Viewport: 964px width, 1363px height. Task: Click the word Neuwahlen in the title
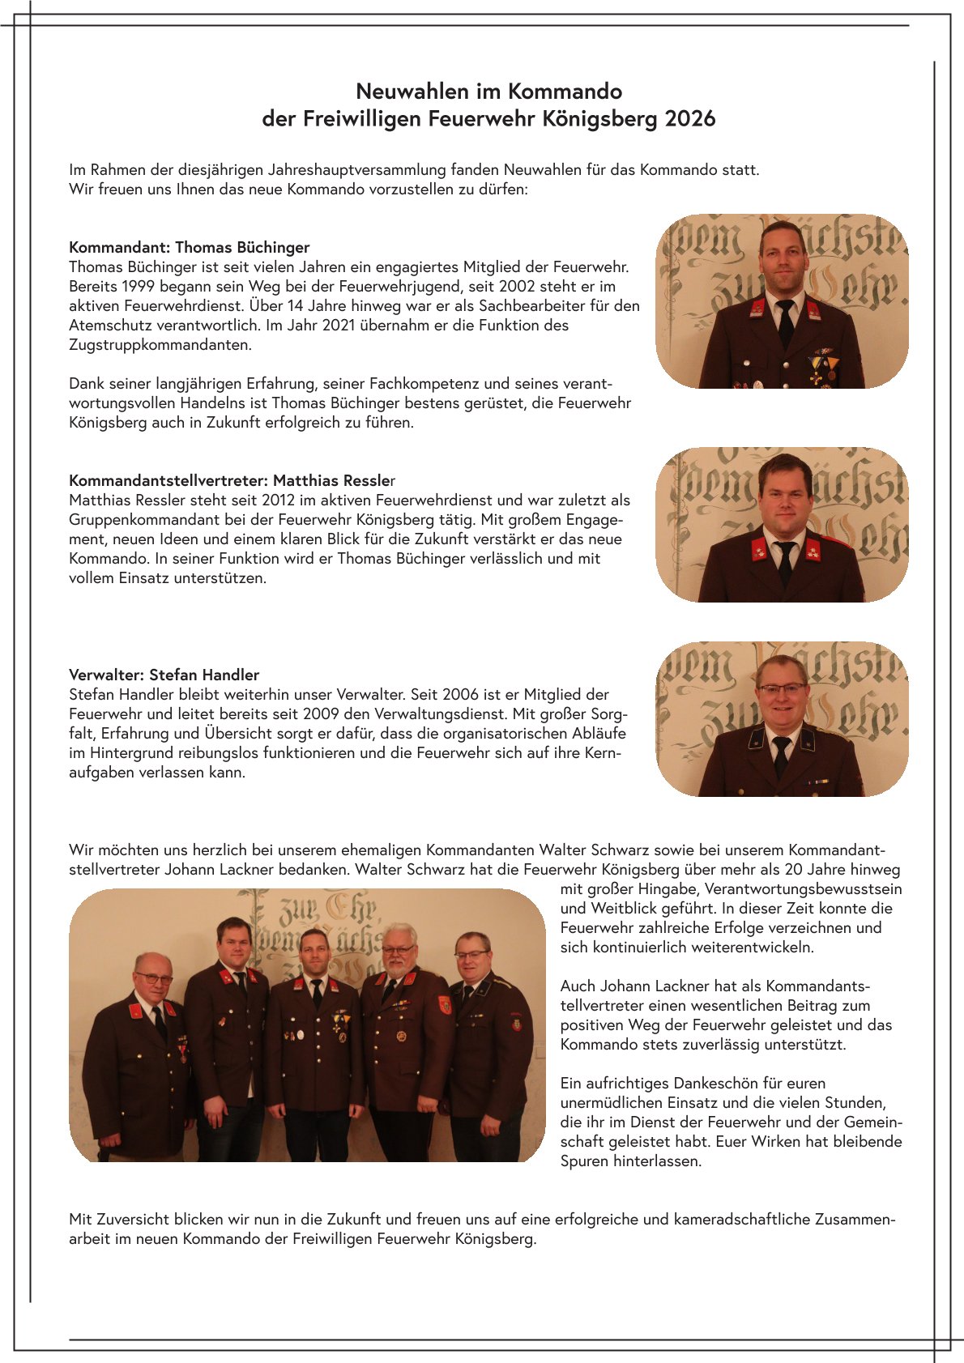coord(401,91)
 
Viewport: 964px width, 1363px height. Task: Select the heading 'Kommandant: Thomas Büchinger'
coord(190,247)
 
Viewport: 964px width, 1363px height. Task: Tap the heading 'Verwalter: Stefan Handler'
coord(164,675)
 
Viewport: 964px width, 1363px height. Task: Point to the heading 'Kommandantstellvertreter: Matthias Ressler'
coord(232,480)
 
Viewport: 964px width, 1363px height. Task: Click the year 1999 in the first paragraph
coord(138,286)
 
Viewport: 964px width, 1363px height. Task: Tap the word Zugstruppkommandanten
coord(160,344)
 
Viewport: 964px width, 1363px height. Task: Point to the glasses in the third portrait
coord(782,689)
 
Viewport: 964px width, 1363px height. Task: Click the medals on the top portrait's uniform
coord(822,366)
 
